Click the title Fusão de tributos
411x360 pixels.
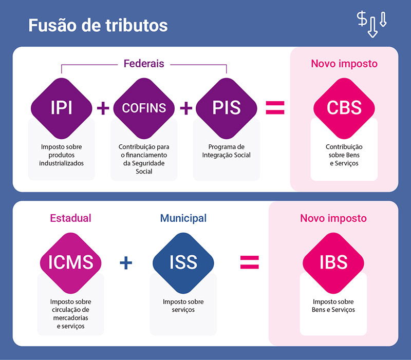coord(98,25)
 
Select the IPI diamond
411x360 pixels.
coord(61,108)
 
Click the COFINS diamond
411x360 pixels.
coord(144,108)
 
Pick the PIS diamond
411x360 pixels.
coord(227,108)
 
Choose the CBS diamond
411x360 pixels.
coord(344,108)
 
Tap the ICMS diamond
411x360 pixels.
coord(71,263)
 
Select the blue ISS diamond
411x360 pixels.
coord(183,263)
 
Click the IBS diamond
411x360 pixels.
coord(333,263)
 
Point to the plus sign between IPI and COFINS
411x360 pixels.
coord(103,108)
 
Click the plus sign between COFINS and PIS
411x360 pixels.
coord(186,108)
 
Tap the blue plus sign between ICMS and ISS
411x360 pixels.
coord(126,263)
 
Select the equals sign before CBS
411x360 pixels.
coord(275,108)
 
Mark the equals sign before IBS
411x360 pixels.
coord(250,262)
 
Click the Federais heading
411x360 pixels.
coord(144,64)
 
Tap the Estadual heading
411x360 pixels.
coord(70,218)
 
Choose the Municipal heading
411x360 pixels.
coord(183,218)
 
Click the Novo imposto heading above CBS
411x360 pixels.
coord(344,64)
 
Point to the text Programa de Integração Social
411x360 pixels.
coord(227,151)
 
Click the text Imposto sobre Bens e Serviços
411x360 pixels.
coord(333,306)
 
